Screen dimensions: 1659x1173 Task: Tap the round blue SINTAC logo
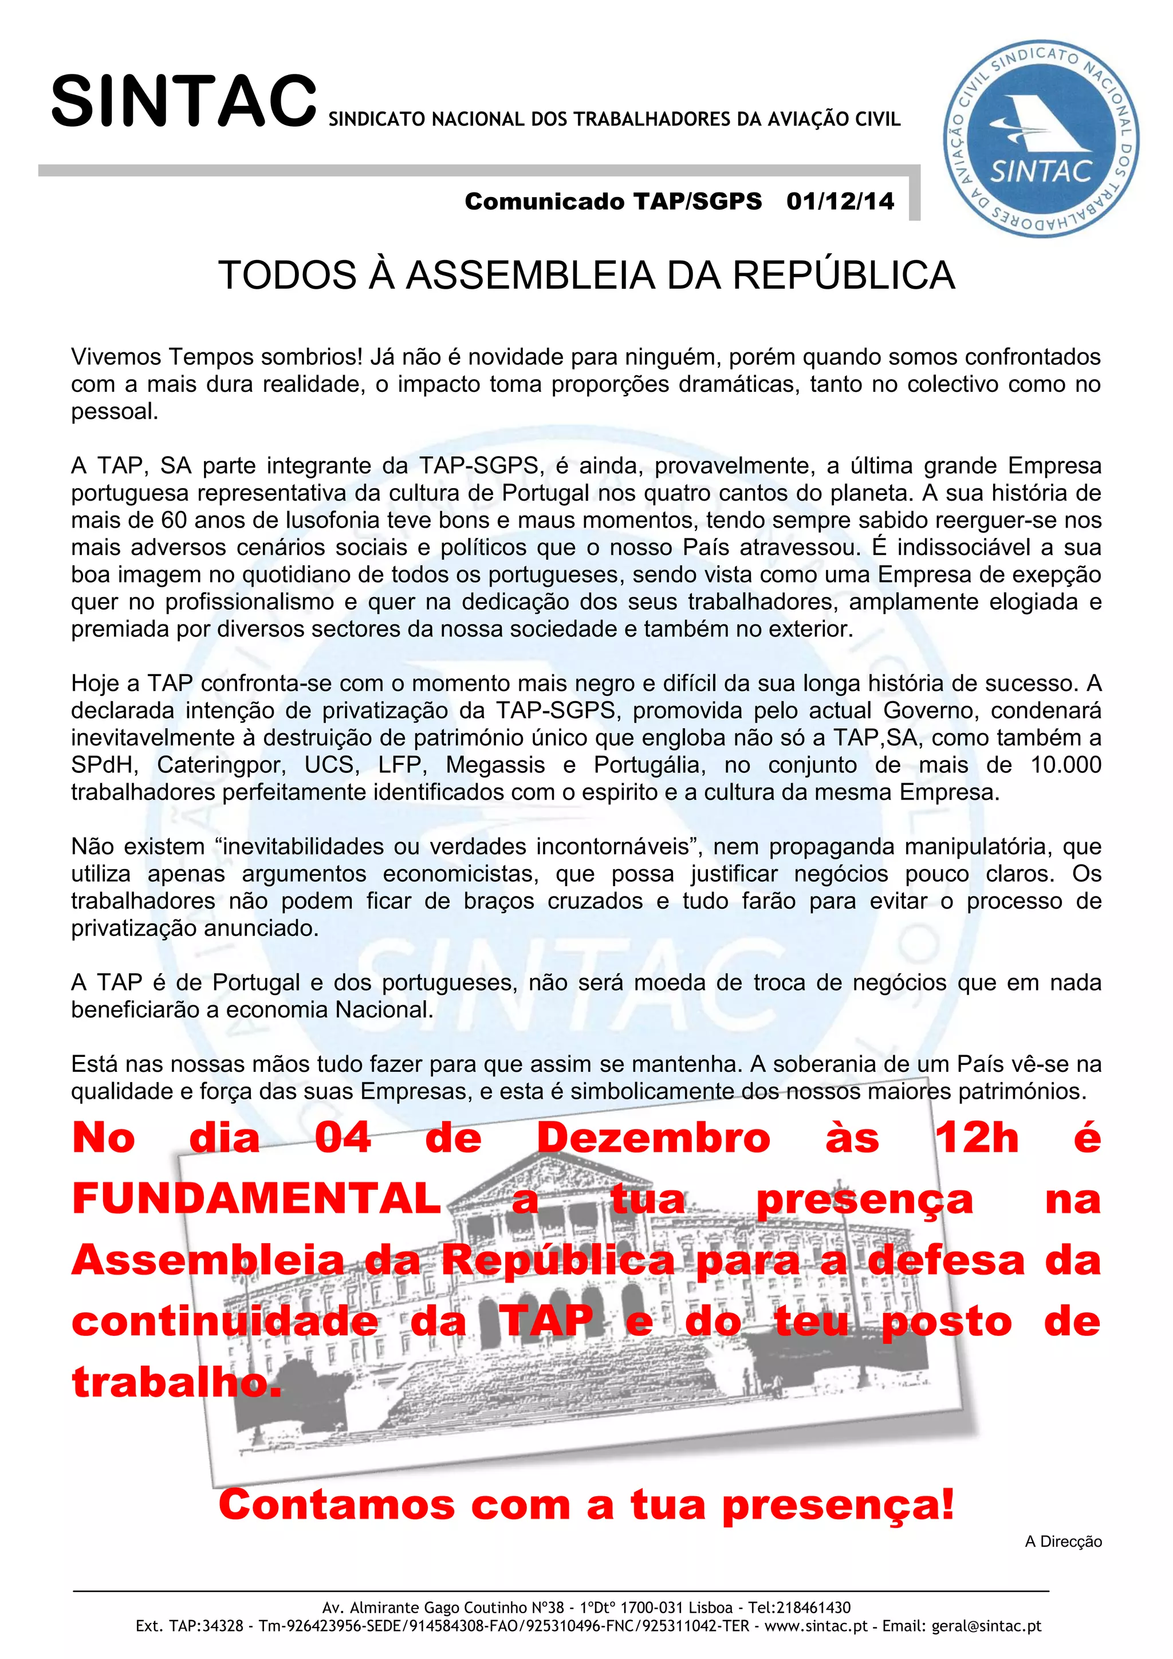click(x=1041, y=137)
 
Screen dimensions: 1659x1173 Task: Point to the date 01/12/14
click(x=840, y=201)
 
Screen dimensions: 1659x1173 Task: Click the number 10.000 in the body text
click(x=1065, y=764)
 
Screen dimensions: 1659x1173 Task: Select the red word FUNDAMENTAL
click(x=257, y=1199)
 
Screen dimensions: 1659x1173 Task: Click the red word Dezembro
click(x=654, y=1138)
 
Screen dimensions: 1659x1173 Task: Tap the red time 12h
click(x=977, y=1138)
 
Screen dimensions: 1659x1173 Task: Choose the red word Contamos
click(x=337, y=1505)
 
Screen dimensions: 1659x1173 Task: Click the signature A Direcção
click(x=1063, y=1541)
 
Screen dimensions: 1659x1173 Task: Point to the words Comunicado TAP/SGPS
click(x=612, y=201)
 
